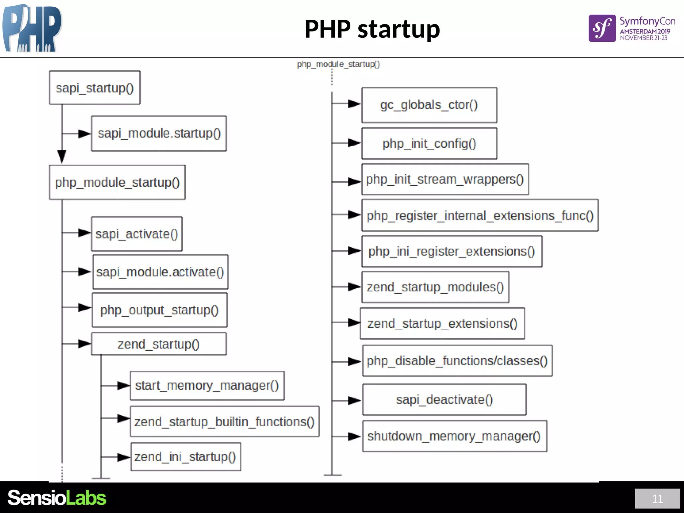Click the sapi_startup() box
click(x=95, y=88)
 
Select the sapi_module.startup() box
click(x=159, y=134)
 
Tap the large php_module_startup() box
click(x=117, y=182)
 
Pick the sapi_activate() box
click(x=137, y=234)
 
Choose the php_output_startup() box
click(x=160, y=310)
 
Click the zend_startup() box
click(x=159, y=344)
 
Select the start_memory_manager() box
click(x=207, y=385)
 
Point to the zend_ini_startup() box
click(x=186, y=457)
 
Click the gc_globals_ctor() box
click(x=429, y=105)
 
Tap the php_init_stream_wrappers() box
click(x=445, y=179)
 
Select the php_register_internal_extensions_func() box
click(x=480, y=215)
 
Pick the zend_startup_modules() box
click(x=435, y=287)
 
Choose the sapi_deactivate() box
click(x=444, y=399)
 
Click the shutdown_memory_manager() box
click(x=454, y=436)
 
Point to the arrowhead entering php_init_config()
click(x=354, y=143)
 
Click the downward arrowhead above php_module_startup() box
click(x=62, y=156)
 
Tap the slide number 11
click(x=657, y=499)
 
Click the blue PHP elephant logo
click(x=32, y=28)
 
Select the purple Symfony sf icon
click(x=602, y=28)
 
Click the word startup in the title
click(x=399, y=29)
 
